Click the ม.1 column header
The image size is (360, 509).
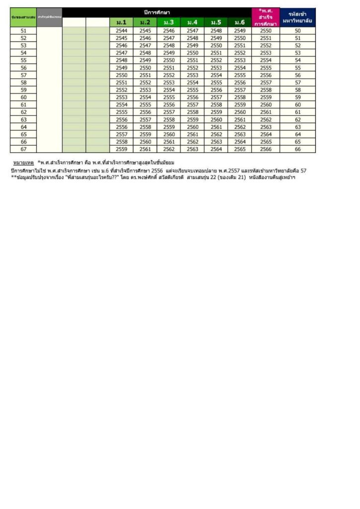[x=121, y=22]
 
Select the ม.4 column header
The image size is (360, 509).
[x=192, y=22]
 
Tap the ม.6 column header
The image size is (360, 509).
[x=240, y=22]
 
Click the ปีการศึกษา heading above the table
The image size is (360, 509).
[x=157, y=11]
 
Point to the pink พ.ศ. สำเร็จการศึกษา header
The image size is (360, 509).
[x=266, y=17]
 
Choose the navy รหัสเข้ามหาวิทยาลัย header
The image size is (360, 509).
[x=297, y=17]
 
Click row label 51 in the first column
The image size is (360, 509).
[x=23, y=31]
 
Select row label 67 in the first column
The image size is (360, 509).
[x=23, y=149]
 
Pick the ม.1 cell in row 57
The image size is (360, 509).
[x=121, y=75]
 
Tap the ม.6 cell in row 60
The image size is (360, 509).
[x=240, y=97]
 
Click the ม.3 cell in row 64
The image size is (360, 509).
[x=169, y=127]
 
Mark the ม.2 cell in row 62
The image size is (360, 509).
[x=145, y=112]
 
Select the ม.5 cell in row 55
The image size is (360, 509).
[x=216, y=61]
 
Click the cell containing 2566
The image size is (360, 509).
[x=266, y=149]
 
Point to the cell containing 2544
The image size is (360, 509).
[x=121, y=31]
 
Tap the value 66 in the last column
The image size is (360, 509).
[x=297, y=149]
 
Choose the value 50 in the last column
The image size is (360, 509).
[x=297, y=31]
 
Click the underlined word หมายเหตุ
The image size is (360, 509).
[x=23, y=163]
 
